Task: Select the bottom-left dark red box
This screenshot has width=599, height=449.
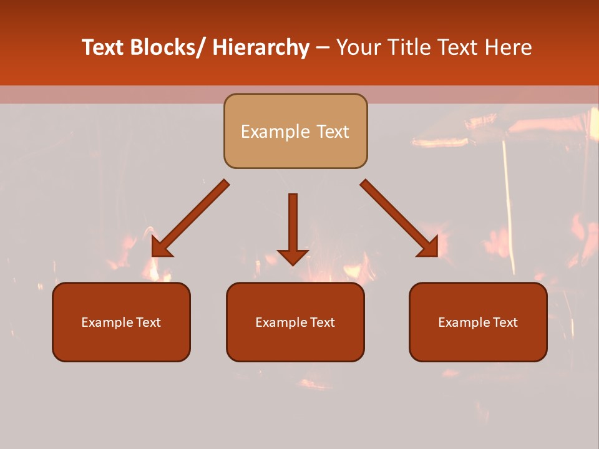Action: [121, 343]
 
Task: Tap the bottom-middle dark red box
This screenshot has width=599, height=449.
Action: [295, 343]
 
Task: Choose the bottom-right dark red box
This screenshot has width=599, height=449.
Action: [478, 343]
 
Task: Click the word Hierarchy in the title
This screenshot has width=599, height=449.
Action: [261, 47]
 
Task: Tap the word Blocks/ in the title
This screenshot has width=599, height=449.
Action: [165, 47]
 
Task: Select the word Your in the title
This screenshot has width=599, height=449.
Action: [359, 47]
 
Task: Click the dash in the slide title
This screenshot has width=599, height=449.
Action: [323, 48]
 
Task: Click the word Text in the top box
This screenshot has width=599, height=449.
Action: [331, 132]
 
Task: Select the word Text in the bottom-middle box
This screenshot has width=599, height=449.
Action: [322, 322]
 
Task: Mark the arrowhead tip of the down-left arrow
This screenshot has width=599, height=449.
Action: [153, 256]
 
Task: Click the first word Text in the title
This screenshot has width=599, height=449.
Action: [102, 47]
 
